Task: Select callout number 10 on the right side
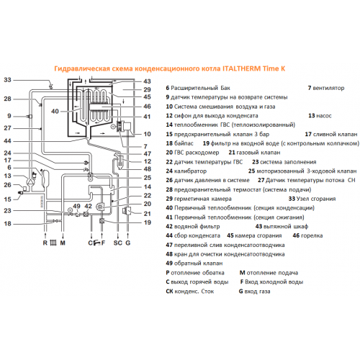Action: point(147,134)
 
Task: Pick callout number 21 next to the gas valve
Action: point(147,214)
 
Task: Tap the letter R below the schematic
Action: point(45,243)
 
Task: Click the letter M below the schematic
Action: point(63,243)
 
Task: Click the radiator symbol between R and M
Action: point(54,243)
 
